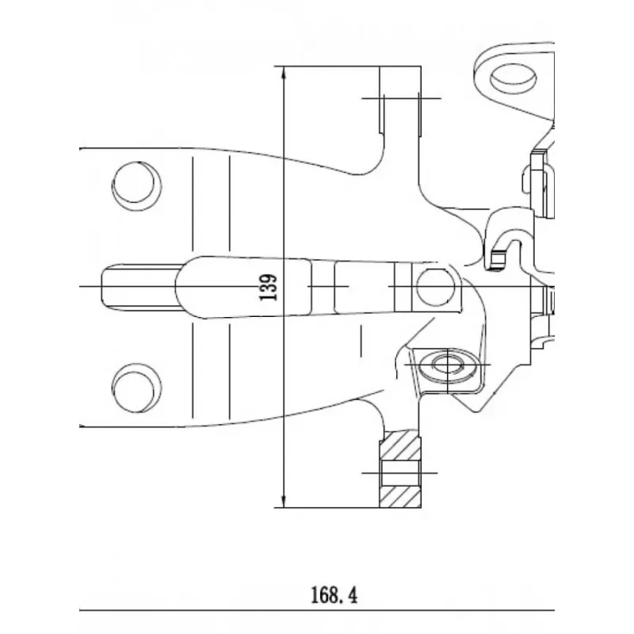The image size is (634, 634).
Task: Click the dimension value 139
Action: [x=269, y=288]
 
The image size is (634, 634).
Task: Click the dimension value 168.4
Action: [x=334, y=595]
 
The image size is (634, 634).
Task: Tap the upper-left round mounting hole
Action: [x=136, y=186]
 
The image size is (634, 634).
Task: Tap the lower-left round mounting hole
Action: [x=136, y=388]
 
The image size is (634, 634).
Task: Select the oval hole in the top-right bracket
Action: [x=513, y=78]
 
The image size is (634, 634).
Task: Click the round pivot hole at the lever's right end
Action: [x=435, y=287]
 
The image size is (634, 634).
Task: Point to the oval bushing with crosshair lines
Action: [x=448, y=365]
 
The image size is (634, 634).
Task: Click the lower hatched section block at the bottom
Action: [x=400, y=497]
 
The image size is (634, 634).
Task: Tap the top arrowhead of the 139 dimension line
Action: [x=284, y=73]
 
